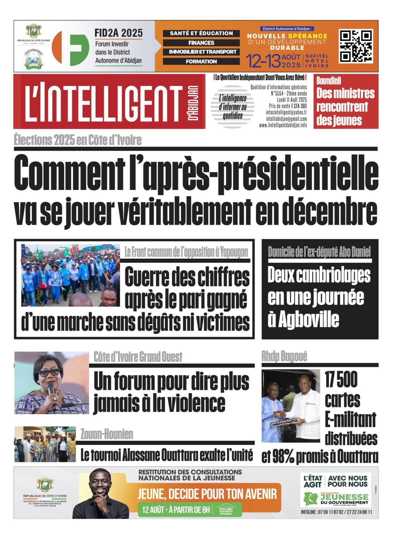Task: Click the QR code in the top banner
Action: click(x=356, y=46)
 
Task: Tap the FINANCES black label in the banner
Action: click(x=201, y=43)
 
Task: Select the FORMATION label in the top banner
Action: click(x=201, y=61)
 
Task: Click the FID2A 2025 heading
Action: click(x=118, y=33)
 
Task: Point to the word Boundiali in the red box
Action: click(x=328, y=81)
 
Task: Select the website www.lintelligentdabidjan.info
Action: click(x=283, y=125)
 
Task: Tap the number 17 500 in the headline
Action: click(x=341, y=380)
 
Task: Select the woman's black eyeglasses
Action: click(x=49, y=372)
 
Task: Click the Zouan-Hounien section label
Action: click(x=107, y=434)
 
